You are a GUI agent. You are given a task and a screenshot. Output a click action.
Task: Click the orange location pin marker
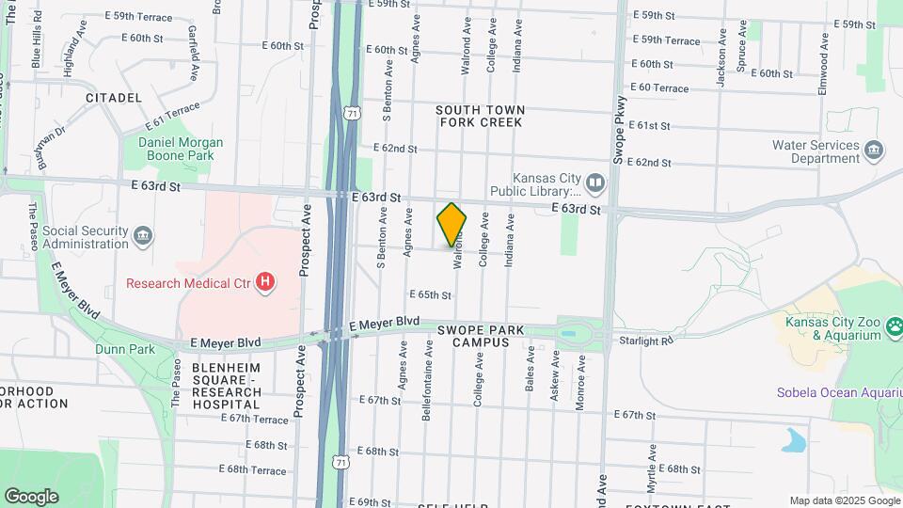click(x=451, y=224)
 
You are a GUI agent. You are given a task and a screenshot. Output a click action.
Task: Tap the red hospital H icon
click(x=266, y=281)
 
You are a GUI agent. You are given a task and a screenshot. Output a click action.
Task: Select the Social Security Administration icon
click(x=142, y=234)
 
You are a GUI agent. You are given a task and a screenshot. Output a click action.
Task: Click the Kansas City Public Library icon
click(x=594, y=181)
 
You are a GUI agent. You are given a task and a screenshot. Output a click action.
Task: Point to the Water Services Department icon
click(x=875, y=151)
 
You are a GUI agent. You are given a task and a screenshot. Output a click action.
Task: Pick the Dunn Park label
click(x=124, y=349)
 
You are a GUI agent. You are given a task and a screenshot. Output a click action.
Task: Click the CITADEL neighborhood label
click(x=113, y=98)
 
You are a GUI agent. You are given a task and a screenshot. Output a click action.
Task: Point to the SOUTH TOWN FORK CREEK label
click(x=480, y=116)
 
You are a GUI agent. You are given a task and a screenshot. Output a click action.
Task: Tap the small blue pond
click(x=795, y=439)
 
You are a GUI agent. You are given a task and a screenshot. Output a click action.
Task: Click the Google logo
click(x=31, y=497)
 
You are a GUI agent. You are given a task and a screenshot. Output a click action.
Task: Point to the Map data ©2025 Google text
click(x=843, y=501)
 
